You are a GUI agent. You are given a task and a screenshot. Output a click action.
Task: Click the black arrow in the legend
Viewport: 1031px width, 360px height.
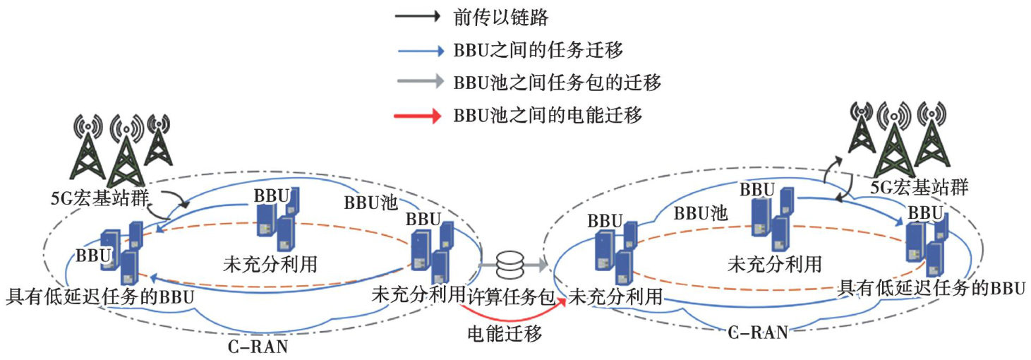[419, 16]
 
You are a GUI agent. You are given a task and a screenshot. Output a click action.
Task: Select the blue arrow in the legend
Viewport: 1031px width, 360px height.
[419, 50]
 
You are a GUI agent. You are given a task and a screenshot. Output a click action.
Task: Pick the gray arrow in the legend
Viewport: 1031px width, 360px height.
[419, 83]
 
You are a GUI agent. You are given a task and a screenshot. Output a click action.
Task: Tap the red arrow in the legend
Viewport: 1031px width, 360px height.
[419, 115]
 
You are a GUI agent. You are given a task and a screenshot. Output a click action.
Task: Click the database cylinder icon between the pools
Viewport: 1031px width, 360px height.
[512, 266]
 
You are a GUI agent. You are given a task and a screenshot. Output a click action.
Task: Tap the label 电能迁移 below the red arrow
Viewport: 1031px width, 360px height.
[505, 333]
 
